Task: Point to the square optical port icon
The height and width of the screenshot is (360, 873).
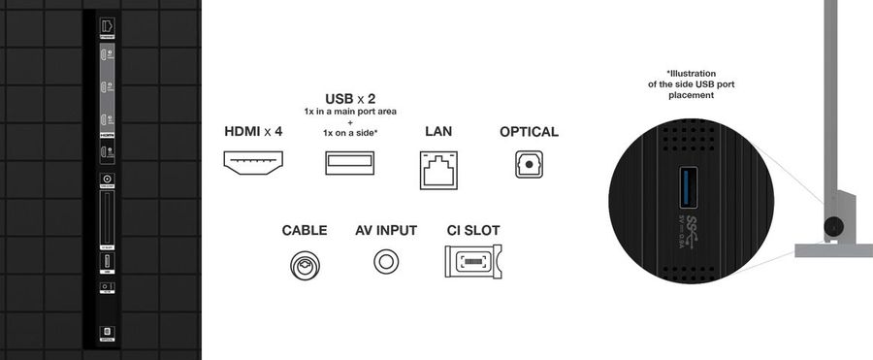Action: point(529,166)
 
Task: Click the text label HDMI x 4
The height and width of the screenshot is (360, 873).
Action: point(253,131)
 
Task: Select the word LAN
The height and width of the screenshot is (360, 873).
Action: point(438,131)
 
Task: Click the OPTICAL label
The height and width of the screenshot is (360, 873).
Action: point(529,131)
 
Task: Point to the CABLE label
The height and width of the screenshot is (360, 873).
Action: point(305,231)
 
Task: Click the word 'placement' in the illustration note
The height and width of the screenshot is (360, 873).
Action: point(690,96)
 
